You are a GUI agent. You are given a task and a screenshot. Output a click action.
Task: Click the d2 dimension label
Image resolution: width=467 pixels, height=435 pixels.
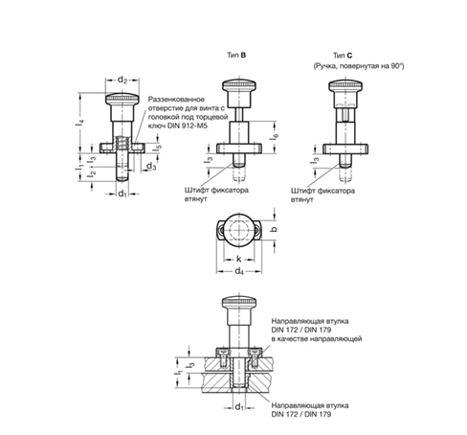coord(122,80)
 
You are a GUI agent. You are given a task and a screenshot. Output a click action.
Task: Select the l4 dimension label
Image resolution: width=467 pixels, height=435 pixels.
coord(79,122)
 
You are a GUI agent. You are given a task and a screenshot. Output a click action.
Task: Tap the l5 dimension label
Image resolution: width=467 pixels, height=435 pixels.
coord(158,148)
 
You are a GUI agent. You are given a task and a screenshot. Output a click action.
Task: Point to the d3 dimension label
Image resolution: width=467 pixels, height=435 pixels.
coord(151,167)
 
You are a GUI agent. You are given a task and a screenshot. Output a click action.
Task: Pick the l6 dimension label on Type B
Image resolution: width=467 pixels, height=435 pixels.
coord(274,136)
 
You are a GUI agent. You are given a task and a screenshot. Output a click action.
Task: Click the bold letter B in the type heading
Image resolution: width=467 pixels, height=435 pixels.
coord(243,55)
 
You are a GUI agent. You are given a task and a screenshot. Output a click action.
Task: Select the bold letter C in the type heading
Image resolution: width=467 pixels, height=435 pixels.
coord(350,56)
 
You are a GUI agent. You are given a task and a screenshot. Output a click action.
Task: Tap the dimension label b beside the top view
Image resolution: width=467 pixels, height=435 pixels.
coord(274,229)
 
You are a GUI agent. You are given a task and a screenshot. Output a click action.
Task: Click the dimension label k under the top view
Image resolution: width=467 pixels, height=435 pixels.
coord(239,259)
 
